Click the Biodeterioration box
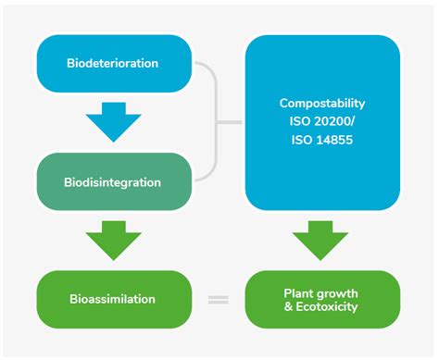coord(113,63)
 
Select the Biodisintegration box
coord(113,181)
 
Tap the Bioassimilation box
coord(113,299)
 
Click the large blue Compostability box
coord(322,122)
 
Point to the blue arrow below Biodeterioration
coord(113,122)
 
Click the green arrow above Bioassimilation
coord(113,241)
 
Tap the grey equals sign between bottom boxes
coord(218,299)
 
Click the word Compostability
coord(322,103)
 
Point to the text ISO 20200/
coord(322,121)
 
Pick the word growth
coord(337,292)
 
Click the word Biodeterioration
coord(113,63)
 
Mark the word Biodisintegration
coord(113,181)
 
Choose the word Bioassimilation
coord(113,299)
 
